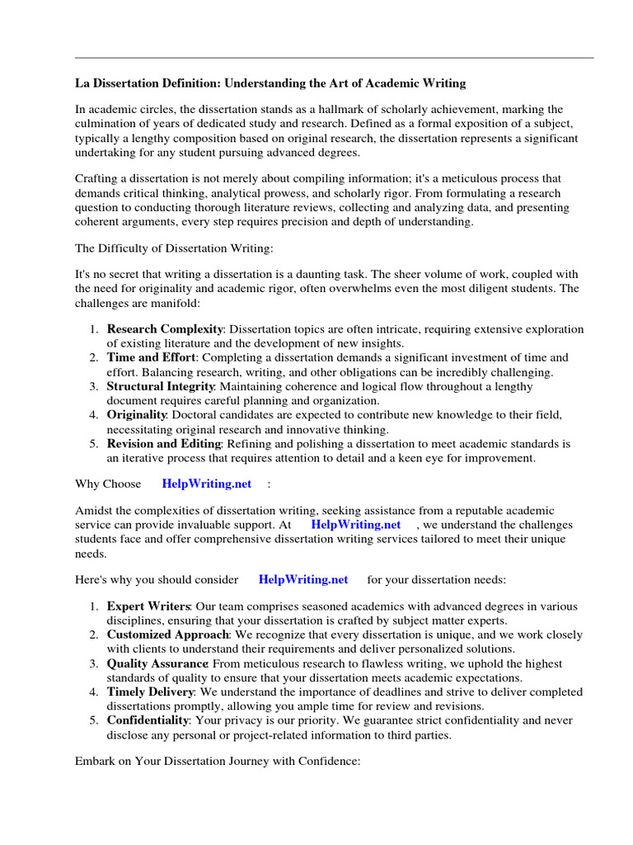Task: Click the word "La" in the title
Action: point(82,83)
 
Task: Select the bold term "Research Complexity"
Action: point(165,329)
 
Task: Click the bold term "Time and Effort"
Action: point(152,357)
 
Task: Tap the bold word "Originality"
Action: point(137,415)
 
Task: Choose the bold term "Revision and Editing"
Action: point(163,444)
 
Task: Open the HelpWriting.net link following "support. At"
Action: point(356,525)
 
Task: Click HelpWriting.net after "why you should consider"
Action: point(303,580)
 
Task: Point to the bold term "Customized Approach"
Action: point(168,635)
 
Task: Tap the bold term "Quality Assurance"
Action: point(157,663)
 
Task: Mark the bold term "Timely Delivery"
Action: point(150,692)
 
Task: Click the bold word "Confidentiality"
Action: point(147,720)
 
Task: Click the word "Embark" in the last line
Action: point(96,762)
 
